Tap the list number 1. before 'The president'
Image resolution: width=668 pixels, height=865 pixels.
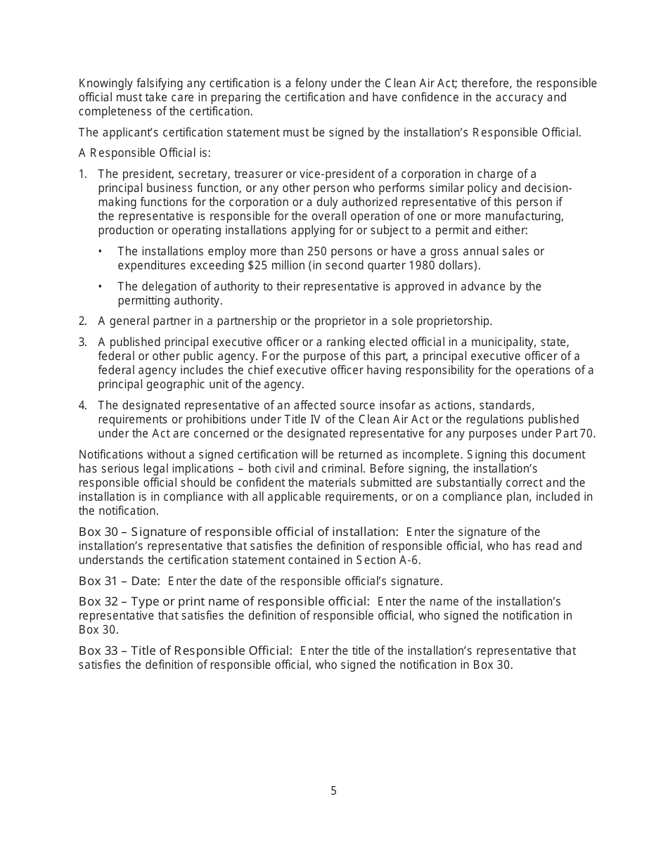tap(83, 174)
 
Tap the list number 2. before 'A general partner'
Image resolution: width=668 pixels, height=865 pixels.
tap(83, 321)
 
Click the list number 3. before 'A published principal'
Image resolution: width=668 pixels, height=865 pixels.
tap(83, 342)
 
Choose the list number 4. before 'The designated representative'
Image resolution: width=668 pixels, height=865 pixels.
tap(83, 406)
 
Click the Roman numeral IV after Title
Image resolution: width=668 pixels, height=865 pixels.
tap(315, 420)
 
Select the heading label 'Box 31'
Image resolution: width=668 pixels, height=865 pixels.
tap(98, 582)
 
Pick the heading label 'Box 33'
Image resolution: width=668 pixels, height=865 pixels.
tap(98, 651)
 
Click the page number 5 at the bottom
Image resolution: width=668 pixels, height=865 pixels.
tap(334, 791)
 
